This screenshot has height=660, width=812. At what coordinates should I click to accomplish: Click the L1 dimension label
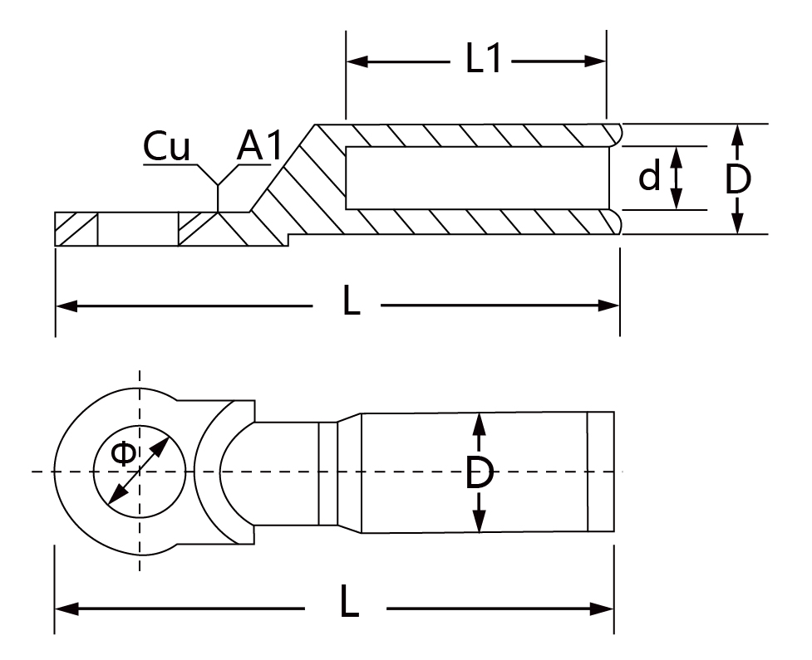[483, 58]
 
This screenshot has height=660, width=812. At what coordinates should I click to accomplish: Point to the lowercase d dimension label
[649, 176]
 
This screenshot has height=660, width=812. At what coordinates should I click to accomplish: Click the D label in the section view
[738, 179]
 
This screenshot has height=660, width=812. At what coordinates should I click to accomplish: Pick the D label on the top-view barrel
[479, 472]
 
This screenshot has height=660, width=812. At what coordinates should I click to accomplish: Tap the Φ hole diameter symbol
[123, 453]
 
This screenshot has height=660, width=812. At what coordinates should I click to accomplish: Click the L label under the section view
[351, 301]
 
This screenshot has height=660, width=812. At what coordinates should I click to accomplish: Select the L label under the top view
[350, 602]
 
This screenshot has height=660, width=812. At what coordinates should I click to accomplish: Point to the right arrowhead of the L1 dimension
[595, 61]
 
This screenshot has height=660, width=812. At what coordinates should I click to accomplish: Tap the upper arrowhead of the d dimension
[677, 157]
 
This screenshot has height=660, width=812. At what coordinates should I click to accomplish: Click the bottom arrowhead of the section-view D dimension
[738, 223]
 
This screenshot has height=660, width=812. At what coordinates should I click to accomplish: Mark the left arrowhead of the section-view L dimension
[66, 306]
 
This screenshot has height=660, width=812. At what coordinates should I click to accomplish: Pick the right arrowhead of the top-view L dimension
[603, 609]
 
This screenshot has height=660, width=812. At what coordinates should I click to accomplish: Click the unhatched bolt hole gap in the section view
[138, 228]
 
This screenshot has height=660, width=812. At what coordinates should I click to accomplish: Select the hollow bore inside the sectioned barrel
[477, 178]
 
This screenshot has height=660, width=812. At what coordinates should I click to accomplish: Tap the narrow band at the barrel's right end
[601, 472]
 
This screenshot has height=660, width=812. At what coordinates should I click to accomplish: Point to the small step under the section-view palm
[288, 239]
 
